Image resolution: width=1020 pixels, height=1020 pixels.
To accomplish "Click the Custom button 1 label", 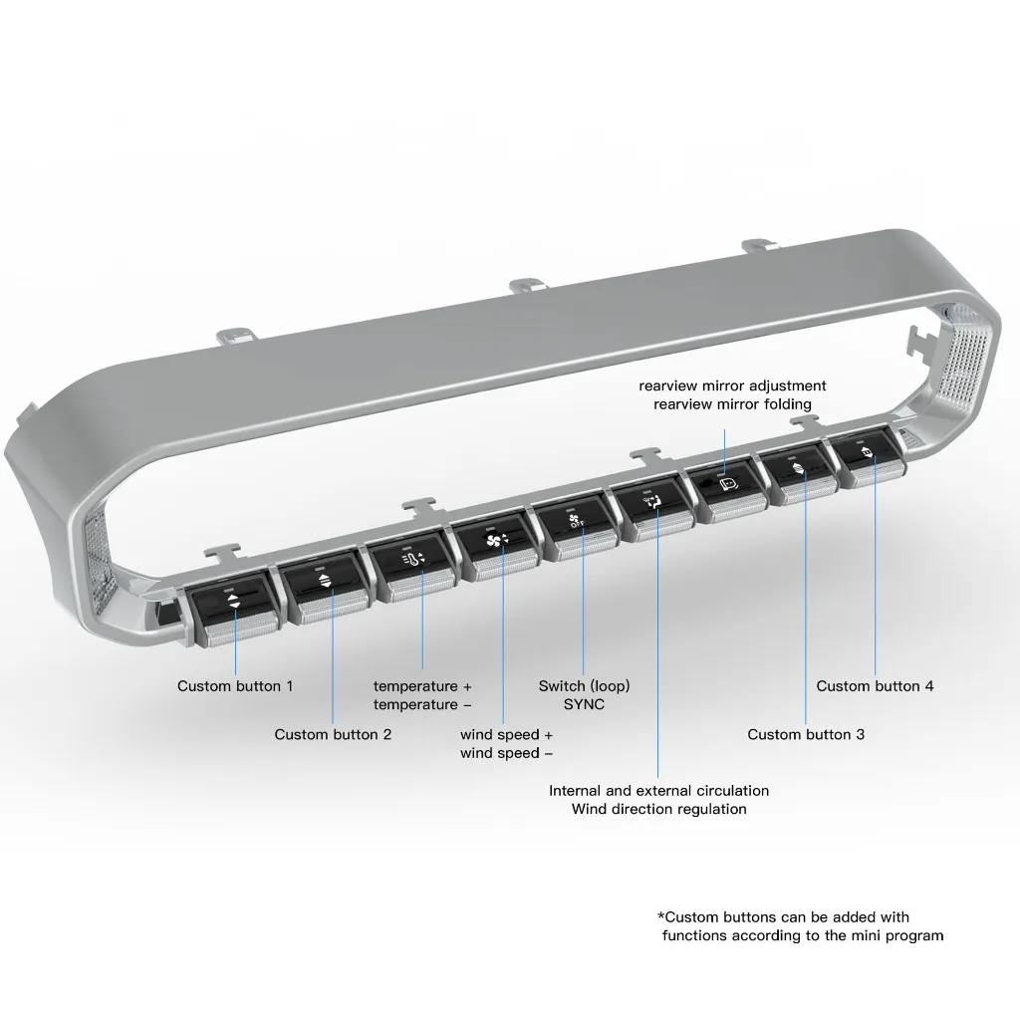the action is [x=235, y=685].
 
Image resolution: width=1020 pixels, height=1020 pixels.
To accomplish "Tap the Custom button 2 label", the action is [x=333, y=734].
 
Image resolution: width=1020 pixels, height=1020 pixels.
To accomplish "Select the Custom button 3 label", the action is [x=805, y=734].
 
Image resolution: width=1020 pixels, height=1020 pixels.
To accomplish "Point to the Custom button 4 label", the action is [x=875, y=685].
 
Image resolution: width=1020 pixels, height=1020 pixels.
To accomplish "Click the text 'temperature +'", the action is [x=422, y=686].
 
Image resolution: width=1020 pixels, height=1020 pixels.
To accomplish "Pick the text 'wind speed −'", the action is [x=506, y=753].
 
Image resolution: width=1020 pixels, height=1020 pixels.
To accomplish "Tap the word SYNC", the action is [x=584, y=704].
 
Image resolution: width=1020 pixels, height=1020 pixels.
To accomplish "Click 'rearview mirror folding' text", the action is [x=732, y=404].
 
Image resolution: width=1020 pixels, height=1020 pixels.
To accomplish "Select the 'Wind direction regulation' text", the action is [x=659, y=809].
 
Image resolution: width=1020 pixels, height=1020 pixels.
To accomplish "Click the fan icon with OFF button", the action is [x=575, y=520].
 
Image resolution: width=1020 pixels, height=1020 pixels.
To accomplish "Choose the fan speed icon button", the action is [x=497, y=540].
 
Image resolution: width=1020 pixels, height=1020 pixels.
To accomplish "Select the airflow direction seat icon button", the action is [x=652, y=502].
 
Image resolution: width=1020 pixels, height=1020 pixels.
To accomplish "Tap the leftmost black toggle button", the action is [x=234, y=600].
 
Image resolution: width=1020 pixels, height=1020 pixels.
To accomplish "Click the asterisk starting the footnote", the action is [x=661, y=915].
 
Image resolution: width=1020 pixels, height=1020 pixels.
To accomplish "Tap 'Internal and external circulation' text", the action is [x=659, y=791].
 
